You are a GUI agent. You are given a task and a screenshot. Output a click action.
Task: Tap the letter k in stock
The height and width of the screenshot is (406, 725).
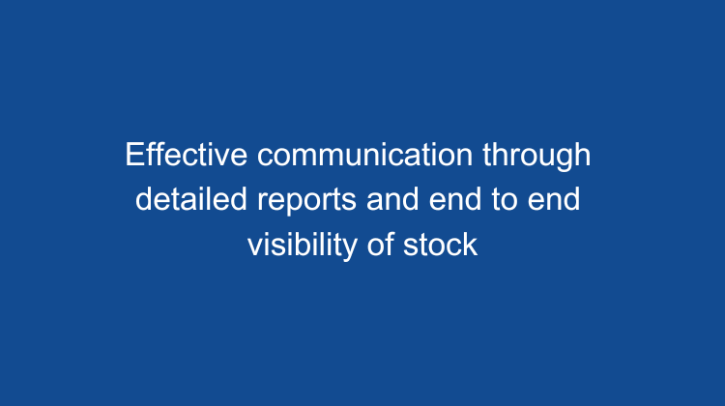coord(471,245)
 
